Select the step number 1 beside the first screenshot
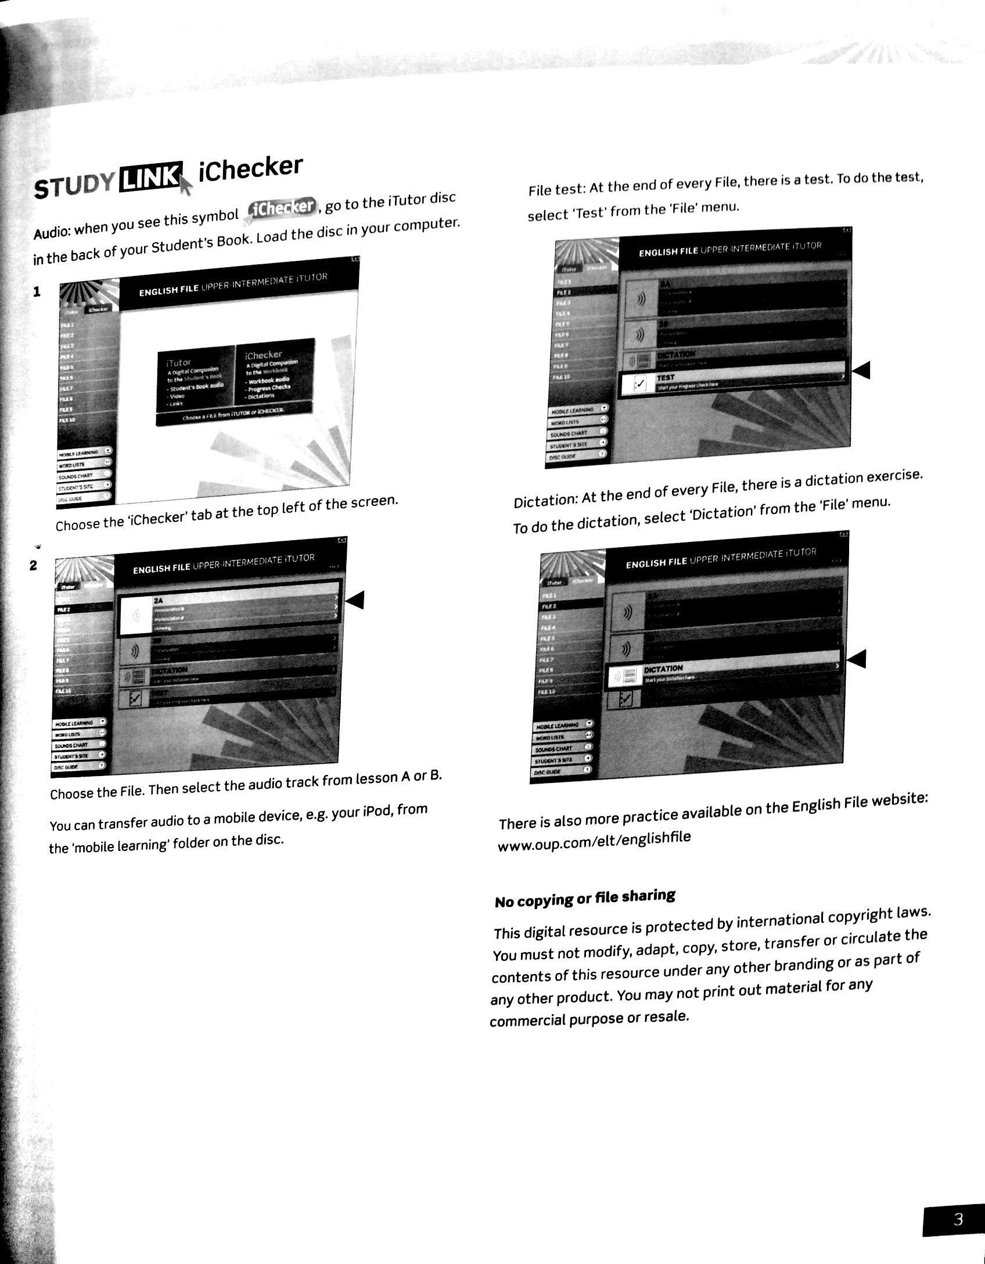coord(37,292)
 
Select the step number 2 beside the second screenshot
coord(34,565)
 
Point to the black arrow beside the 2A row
coord(354,599)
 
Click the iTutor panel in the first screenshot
coord(195,379)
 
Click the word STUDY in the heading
coord(75,185)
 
